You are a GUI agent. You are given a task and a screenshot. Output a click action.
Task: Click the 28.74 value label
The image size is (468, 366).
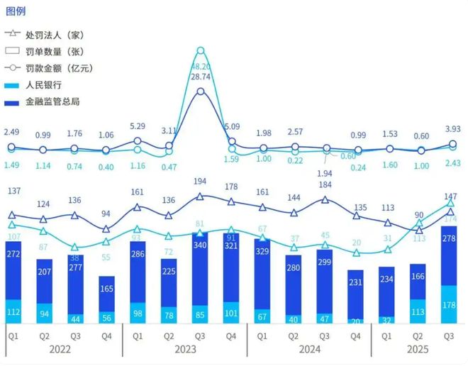201,76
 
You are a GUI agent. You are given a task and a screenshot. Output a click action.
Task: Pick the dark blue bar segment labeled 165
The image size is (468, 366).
106,289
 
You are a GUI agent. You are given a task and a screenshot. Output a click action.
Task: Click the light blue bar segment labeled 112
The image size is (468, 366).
13,312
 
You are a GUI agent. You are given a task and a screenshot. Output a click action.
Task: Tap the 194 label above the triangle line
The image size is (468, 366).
201,182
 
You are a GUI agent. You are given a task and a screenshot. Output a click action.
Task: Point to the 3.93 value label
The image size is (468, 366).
452,128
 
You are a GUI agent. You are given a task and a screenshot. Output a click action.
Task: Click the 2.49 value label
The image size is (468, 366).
11,133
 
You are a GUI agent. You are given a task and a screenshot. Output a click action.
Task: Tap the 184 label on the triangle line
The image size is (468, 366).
325,185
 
